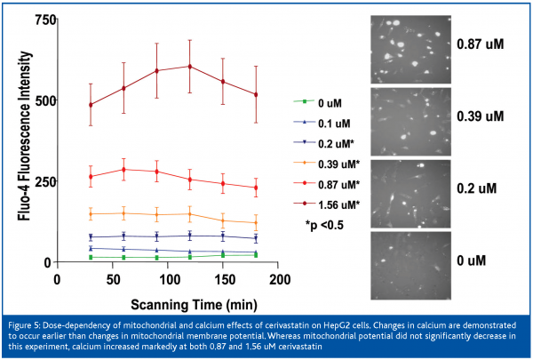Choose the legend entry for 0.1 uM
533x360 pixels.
coord(334,122)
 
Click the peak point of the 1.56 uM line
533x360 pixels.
coord(189,66)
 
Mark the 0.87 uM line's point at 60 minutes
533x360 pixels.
coord(123,169)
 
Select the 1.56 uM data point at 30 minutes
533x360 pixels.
coord(91,105)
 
